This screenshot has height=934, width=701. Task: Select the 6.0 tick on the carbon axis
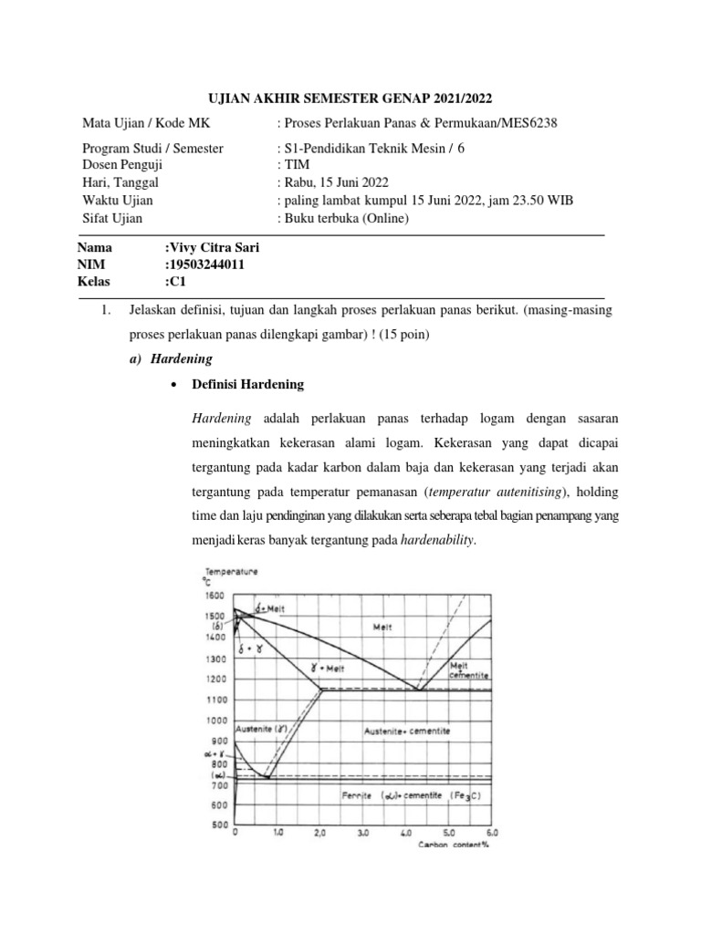pos(493,833)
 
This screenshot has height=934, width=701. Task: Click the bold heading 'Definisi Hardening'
pos(247,385)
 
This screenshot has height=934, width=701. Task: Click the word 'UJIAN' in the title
pos(225,97)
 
